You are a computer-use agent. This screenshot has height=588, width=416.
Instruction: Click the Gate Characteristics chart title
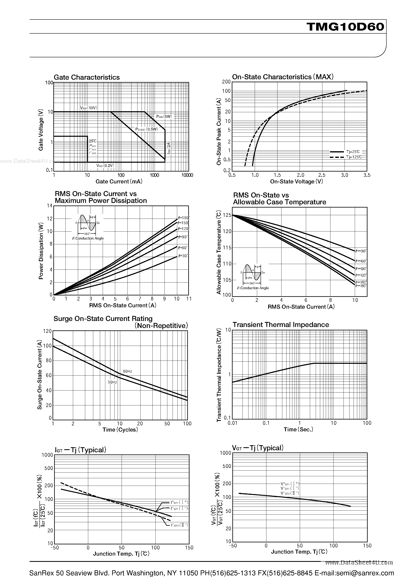[x=87, y=77]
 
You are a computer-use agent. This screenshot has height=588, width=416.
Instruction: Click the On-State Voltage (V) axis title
[x=296, y=182]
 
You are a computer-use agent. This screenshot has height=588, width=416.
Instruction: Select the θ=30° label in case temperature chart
[x=361, y=251]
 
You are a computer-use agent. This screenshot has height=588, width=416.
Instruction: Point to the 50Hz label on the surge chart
[x=112, y=382]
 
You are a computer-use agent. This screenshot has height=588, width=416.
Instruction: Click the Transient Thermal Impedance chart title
[x=280, y=325]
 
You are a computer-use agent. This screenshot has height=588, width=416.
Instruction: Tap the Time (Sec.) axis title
[x=298, y=430]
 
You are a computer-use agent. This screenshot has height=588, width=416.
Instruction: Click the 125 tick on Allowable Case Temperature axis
[x=227, y=215]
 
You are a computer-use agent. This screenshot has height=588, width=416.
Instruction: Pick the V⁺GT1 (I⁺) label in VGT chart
[x=290, y=484]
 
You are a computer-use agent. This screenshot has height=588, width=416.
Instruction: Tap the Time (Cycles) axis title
[x=120, y=430]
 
